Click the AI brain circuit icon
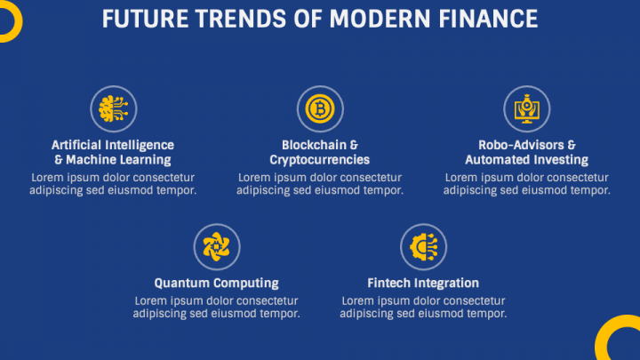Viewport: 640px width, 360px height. click(113, 109)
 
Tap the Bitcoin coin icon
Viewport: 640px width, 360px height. click(320, 109)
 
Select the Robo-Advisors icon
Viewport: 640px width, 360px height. click(527, 109)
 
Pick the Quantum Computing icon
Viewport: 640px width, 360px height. click(217, 246)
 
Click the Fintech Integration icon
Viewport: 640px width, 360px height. click(423, 246)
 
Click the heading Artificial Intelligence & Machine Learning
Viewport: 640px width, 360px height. click(113, 152)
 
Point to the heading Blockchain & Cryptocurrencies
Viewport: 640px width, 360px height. click(320, 152)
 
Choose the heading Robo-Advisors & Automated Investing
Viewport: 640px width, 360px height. click(527, 152)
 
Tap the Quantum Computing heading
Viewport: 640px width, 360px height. click(217, 283)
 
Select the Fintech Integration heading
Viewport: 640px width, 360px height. click(423, 283)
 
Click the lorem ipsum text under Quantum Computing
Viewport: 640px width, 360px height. click(217, 307)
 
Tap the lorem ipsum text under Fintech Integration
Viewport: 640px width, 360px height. click(423, 307)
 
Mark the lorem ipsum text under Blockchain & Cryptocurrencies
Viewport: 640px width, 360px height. click(320, 183)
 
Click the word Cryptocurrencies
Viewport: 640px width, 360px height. click(320, 160)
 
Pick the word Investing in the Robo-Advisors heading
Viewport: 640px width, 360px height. click(562, 160)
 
